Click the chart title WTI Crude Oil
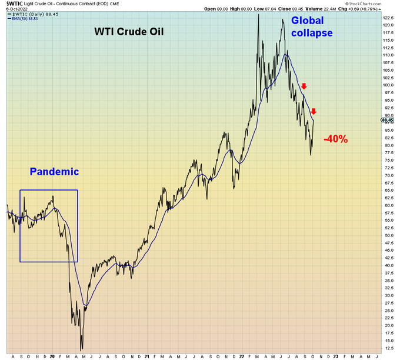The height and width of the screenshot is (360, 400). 129,31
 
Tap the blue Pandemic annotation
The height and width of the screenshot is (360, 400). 54,172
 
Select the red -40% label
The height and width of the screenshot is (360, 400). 336,139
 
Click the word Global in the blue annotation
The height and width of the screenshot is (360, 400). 308,20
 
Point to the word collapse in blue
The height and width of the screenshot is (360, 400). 312,33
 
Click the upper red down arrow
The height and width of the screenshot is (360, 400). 304,86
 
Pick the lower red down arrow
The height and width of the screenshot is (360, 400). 314,112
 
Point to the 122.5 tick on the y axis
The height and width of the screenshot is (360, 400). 388,18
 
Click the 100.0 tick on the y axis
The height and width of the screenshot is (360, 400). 388,85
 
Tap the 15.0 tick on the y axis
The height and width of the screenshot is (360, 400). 386,340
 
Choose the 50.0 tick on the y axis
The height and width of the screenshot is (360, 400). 386,235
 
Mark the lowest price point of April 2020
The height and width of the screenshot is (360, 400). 82,350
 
